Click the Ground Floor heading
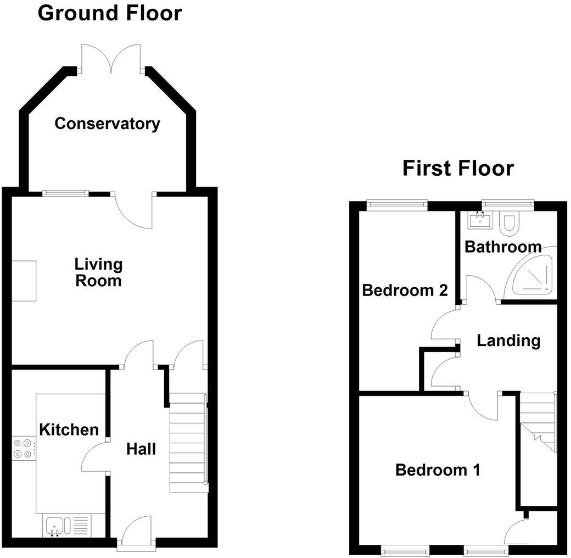[x=110, y=13]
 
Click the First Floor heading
[x=458, y=168]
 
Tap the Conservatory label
[x=107, y=124]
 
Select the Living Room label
[x=98, y=272]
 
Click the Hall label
[x=141, y=449]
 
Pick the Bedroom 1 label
[x=438, y=470]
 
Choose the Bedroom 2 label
[x=405, y=290]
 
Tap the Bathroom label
[x=503, y=247]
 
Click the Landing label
[x=508, y=341]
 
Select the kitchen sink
[x=56, y=526]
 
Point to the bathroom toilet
[x=510, y=223]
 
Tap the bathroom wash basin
[x=479, y=221]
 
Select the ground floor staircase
[x=188, y=443]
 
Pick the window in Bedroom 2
[x=398, y=205]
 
